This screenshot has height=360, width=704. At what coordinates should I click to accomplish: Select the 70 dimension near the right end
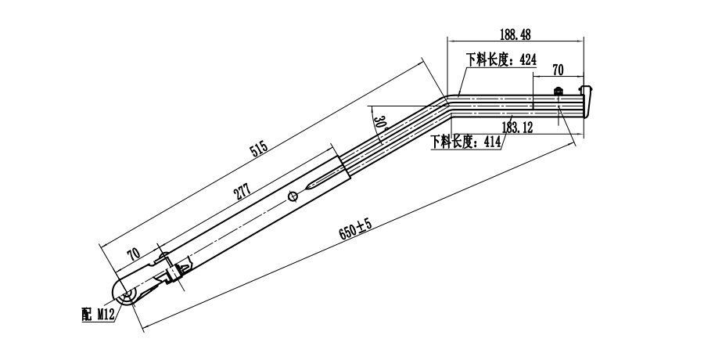pos(558,70)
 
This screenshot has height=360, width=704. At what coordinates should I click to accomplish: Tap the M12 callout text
pos(106,315)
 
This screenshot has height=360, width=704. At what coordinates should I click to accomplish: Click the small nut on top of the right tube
pos(559,91)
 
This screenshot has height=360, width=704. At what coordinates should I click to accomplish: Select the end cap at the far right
pos(589,99)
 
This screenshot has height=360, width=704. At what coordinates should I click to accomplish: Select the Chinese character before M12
pos(85,315)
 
